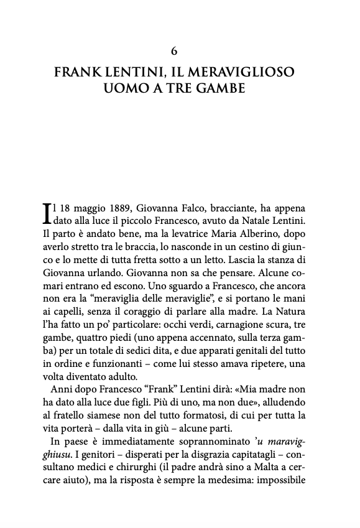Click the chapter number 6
click(180, 52)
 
